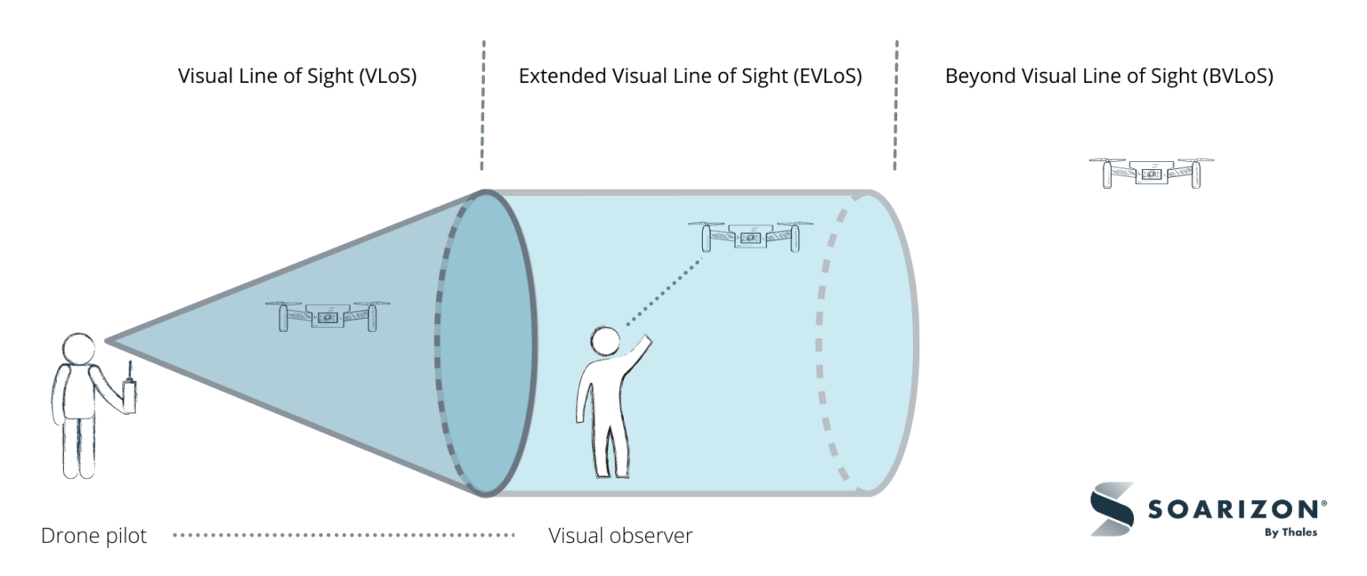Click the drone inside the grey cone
tap(328, 315)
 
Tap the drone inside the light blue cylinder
tap(750, 236)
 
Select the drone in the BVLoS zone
tap(1151, 173)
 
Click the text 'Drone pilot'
tap(93, 536)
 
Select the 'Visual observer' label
tap(620, 536)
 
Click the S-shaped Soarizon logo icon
tap(1112, 508)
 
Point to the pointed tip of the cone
tap(107, 340)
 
